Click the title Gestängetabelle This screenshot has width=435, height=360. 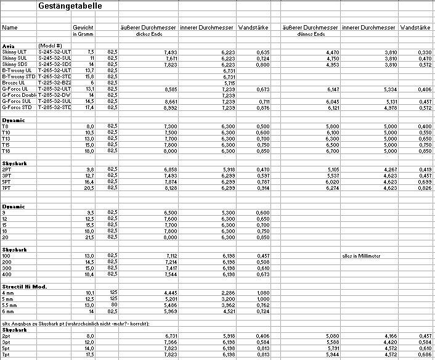click(x=70, y=6)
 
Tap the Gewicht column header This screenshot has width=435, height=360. click(x=83, y=28)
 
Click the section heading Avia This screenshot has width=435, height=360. click(x=9, y=46)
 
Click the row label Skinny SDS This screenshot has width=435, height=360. click(x=15, y=64)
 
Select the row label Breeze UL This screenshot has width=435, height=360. click(x=14, y=83)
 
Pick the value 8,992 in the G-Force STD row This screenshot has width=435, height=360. click(x=168, y=107)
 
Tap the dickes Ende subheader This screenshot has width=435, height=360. click(x=148, y=34)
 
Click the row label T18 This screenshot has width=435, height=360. click(x=7, y=150)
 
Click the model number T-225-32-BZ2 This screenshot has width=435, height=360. click(x=55, y=83)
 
